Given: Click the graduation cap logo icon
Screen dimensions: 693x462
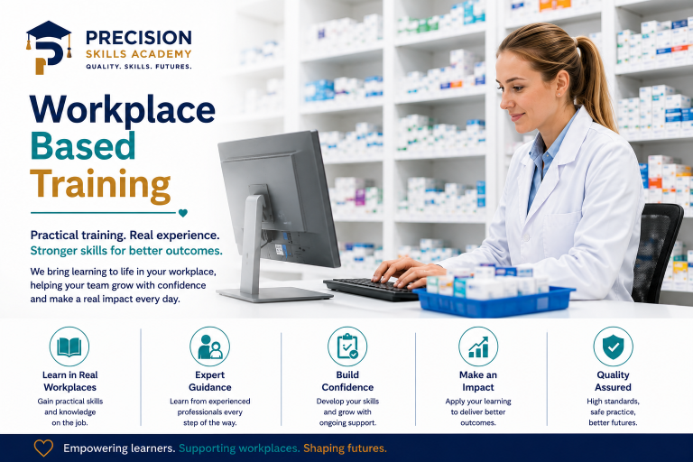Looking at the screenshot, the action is coord(49,47).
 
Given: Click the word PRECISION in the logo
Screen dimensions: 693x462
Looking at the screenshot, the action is coord(139,38).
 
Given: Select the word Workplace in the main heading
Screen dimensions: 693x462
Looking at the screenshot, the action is coord(123,109).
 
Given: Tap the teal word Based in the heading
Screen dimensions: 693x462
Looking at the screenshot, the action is coord(83,146).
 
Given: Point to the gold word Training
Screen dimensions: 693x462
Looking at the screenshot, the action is coord(100,185).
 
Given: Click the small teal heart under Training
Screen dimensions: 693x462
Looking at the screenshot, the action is coord(183,213).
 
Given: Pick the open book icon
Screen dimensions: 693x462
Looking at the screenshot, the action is coord(69,346).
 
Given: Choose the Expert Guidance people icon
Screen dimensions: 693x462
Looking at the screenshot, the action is coord(210,346).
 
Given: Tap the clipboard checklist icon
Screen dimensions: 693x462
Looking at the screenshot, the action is coord(347,346).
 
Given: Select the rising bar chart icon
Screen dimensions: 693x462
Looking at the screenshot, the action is coord(478,346).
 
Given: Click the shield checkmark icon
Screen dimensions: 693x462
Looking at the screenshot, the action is coord(613,346).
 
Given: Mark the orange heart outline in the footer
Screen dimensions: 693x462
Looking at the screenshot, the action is coord(43,448).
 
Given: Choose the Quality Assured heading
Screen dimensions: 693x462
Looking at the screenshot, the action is coord(613,381).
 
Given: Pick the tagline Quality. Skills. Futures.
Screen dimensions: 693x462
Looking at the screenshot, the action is coord(139,66).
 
